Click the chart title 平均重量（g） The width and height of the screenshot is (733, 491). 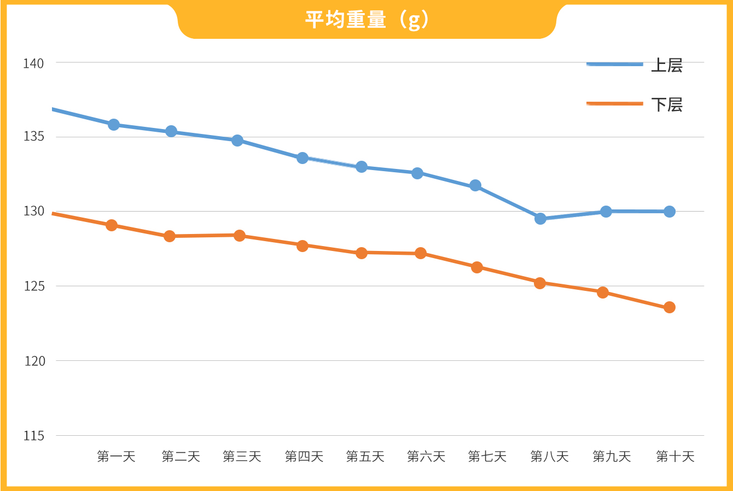(x=366, y=20)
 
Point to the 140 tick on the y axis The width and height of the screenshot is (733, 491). (x=33, y=63)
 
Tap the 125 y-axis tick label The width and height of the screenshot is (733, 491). (x=33, y=287)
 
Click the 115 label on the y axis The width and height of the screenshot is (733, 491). (x=33, y=436)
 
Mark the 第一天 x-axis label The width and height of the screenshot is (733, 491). (x=116, y=457)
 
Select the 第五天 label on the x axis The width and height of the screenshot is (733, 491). (x=365, y=457)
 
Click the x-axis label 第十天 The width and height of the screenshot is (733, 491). (x=675, y=457)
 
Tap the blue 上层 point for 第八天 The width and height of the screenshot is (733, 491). (x=540, y=219)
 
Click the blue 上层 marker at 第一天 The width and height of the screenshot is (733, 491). (x=114, y=125)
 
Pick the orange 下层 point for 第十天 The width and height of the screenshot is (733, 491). (x=670, y=307)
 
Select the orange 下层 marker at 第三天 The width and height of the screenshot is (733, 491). (x=240, y=236)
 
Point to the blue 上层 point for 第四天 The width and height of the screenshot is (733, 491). (x=302, y=158)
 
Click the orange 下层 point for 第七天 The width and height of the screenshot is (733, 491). (x=477, y=267)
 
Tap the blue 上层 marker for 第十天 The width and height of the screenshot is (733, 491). (x=670, y=212)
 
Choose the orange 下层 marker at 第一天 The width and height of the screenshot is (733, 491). (x=112, y=225)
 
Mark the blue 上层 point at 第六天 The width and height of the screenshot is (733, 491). (x=417, y=173)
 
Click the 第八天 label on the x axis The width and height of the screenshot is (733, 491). (x=550, y=457)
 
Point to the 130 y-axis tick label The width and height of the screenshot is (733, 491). (x=33, y=212)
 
